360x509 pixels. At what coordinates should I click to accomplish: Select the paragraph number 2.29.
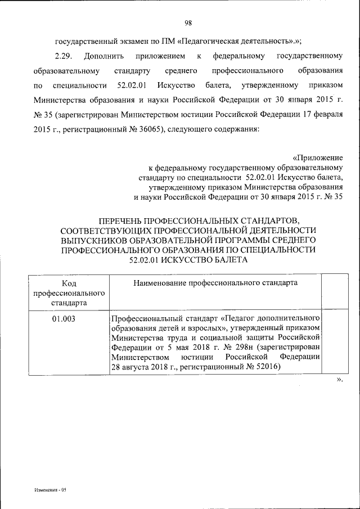(63, 57)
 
